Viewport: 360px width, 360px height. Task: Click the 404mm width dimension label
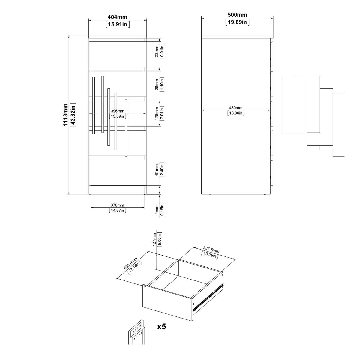coord(117,17)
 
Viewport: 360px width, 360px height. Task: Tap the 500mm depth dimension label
coord(237,15)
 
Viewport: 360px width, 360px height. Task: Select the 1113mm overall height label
coord(66,115)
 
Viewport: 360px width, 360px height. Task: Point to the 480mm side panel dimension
coord(236,108)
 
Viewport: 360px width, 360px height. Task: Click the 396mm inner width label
coord(118,111)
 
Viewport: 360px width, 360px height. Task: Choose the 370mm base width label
coord(118,205)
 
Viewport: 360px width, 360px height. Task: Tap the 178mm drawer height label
coord(157,113)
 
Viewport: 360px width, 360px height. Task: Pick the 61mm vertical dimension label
coord(157,170)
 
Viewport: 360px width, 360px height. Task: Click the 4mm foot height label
coord(157,210)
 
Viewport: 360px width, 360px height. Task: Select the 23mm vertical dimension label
coord(157,51)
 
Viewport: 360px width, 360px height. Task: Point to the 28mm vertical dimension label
coord(157,85)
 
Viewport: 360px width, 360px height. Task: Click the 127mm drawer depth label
coord(154,239)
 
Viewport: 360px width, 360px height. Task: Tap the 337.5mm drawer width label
coord(211,250)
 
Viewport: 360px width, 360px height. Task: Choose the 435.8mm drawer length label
coord(130,263)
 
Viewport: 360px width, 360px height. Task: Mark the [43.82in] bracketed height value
coord(73,115)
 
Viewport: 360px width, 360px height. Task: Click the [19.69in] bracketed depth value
coord(237,22)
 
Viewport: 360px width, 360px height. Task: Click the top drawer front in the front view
coord(118,54)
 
